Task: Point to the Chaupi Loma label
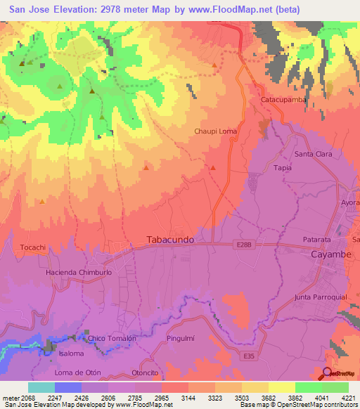click(216, 131)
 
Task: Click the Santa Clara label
click(314, 154)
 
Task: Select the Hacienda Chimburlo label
click(79, 271)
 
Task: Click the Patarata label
click(317, 240)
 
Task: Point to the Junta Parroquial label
click(321, 297)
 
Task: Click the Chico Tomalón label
click(112, 338)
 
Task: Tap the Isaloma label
click(71, 353)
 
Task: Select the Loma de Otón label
click(75, 371)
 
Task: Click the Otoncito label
click(146, 373)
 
